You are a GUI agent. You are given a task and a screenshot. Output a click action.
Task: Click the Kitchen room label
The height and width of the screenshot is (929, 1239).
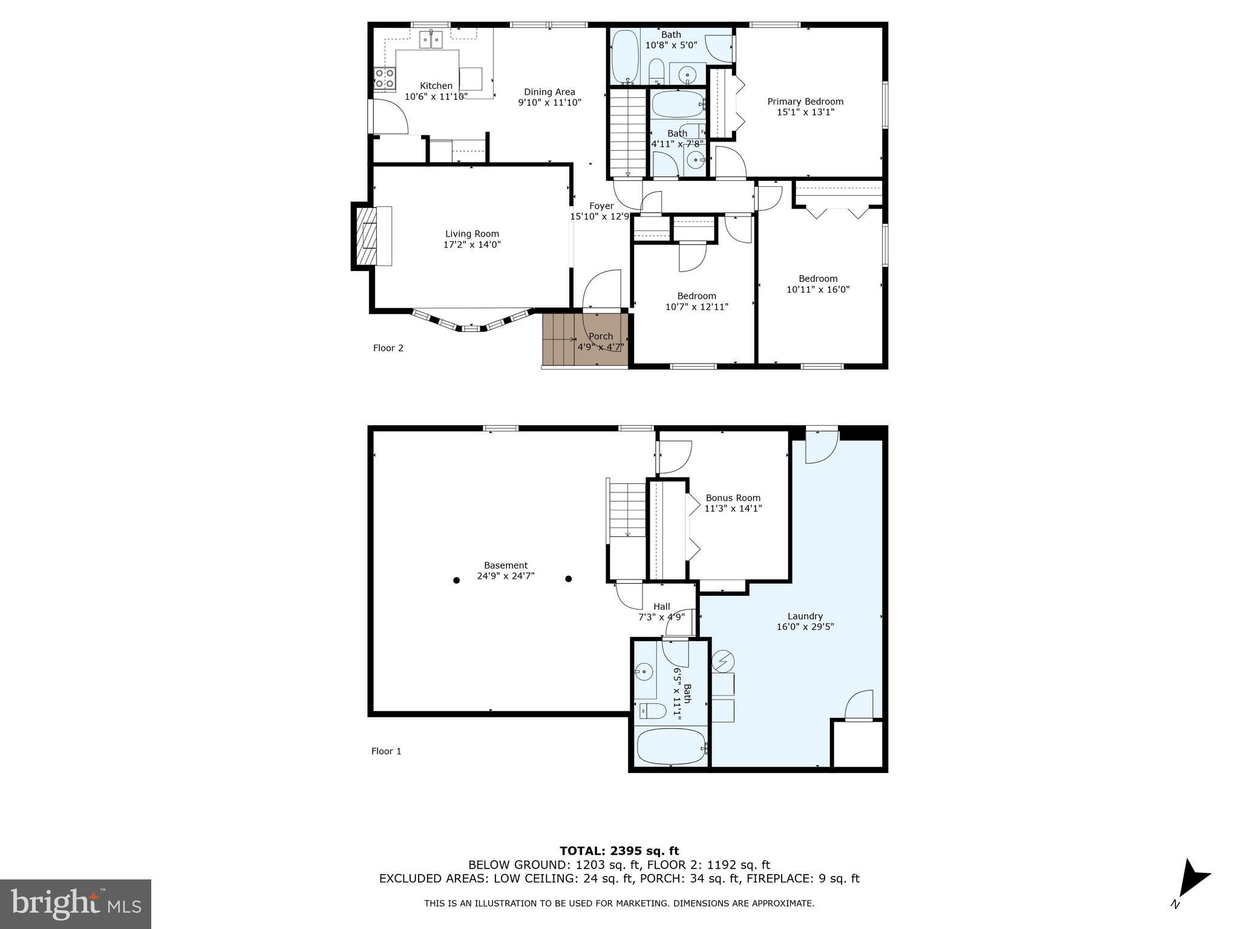point(436,86)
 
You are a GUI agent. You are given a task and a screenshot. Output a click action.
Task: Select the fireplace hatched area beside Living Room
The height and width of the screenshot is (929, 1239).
point(365,236)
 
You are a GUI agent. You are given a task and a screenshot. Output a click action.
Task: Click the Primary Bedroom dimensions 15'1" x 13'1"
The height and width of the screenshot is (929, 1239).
point(805,112)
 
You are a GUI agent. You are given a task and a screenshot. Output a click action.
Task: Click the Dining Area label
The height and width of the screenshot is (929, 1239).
point(549,92)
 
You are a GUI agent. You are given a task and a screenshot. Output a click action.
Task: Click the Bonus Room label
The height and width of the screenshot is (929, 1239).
point(733,498)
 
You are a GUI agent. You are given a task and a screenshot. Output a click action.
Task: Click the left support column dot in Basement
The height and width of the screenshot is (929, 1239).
point(457,580)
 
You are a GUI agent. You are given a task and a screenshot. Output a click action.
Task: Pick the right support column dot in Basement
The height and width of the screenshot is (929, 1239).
point(569,579)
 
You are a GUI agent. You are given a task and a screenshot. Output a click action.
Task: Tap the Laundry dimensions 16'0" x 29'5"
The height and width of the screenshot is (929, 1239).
point(805,627)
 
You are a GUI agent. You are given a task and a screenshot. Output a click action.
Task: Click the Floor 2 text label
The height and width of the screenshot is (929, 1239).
point(388,348)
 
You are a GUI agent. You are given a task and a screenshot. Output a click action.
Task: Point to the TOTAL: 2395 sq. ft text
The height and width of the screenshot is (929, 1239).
point(619,851)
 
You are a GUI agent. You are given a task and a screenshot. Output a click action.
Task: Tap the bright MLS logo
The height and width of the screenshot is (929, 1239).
point(76,904)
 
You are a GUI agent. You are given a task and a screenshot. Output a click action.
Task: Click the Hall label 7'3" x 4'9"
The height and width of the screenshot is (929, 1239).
point(662,611)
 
